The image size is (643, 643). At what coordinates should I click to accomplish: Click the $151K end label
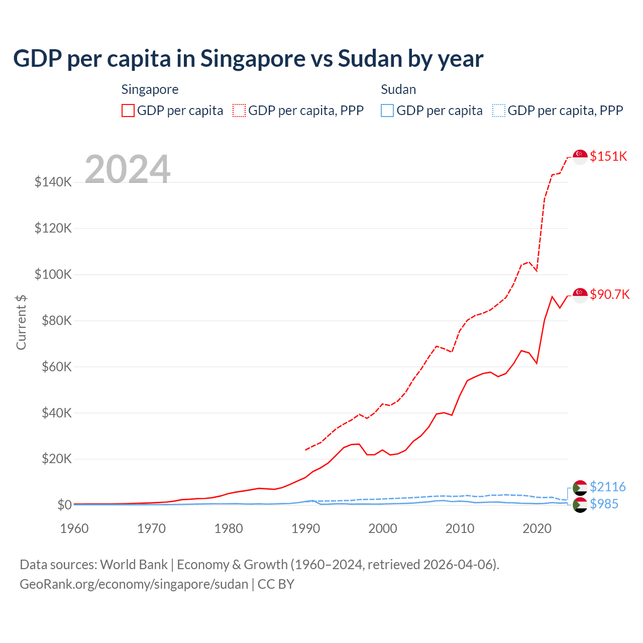(608, 156)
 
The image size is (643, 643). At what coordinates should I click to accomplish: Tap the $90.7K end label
(609, 294)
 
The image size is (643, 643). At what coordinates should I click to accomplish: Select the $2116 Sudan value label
(607, 487)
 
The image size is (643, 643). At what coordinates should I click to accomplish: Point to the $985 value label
(604, 504)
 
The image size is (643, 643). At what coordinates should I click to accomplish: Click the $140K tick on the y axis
(53, 182)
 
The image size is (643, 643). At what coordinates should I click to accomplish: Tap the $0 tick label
(64, 505)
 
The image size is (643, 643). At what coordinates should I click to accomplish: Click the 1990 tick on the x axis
(306, 528)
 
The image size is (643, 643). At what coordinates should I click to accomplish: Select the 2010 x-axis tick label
(460, 528)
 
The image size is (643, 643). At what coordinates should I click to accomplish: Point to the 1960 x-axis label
(74, 528)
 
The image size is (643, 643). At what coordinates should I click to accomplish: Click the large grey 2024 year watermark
(128, 169)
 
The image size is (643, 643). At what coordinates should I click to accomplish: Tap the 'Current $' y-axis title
(21, 322)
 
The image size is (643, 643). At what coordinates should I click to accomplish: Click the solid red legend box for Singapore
(128, 111)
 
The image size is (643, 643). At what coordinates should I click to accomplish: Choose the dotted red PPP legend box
(239, 111)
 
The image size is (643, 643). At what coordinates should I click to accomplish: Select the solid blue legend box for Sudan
(387, 111)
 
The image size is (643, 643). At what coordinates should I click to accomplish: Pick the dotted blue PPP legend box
(499, 111)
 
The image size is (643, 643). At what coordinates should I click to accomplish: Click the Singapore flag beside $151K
(580, 157)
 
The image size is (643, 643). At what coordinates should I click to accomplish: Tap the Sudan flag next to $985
(580, 505)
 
